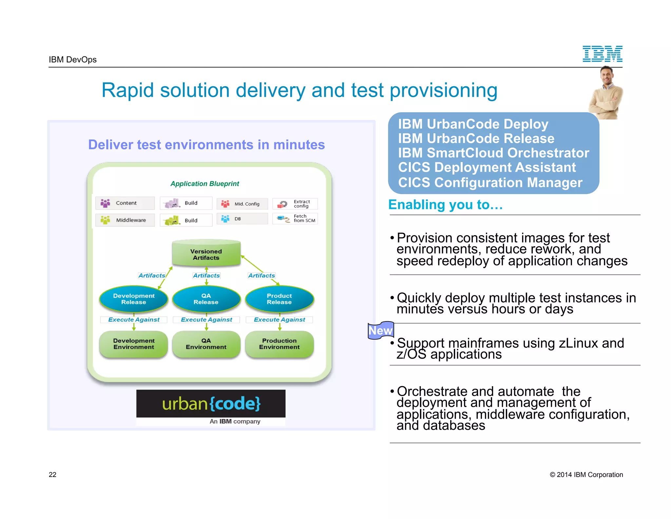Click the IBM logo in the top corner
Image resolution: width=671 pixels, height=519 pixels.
tap(602, 54)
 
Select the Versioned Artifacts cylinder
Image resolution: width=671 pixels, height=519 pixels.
tap(206, 254)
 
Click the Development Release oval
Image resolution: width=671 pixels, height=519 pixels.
tap(134, 299)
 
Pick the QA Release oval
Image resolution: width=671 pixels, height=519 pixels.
tap(206, 299)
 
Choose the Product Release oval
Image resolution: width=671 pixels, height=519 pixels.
tap(279, 299)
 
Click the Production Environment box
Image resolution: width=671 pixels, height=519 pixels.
tap(279, 344)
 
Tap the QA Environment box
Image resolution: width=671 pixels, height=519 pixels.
tap(206, 344)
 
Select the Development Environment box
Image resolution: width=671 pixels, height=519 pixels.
tap(134, 344)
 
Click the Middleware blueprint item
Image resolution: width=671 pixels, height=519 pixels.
tap(125, 220)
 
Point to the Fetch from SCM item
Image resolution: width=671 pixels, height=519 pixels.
tap(295, 218)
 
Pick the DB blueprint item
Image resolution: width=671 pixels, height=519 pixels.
tap(242, 219)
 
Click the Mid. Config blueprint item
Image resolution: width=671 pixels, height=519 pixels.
tap(242, 204)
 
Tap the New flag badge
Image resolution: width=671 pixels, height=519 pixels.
tap(380, 330)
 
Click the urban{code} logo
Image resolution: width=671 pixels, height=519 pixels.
tap(211, 404)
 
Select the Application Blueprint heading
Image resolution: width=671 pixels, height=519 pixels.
tap(205, 184)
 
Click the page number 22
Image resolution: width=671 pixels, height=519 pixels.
tap(52, 475)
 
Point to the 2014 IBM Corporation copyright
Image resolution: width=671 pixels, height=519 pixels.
tap(586, 475)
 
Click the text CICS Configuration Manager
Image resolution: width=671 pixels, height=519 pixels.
tap(490, 183)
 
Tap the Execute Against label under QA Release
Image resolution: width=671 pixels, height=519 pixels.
tap(206, 320)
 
